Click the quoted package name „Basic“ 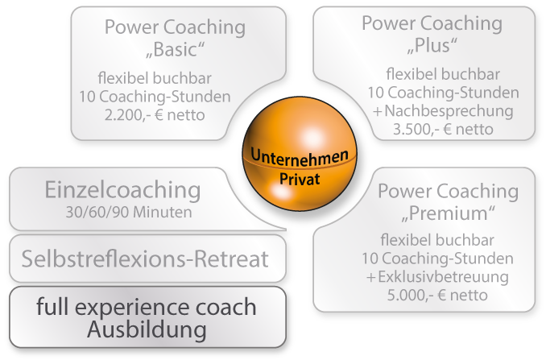point(174,52)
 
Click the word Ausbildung point(147,330)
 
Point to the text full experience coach point(147,307)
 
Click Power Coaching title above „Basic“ point(175,27)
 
